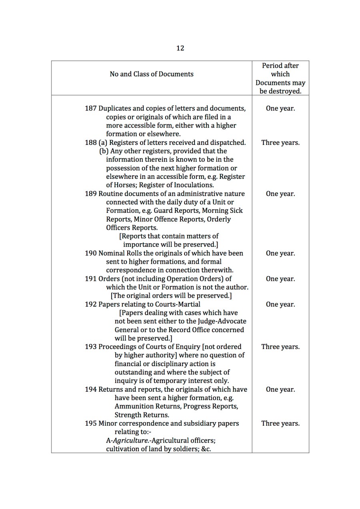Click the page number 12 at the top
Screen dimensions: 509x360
click(180, 48)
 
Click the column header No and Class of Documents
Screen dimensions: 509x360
click(152, 74)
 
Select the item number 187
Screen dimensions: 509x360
click(91, 108)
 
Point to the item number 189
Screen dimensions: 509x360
click(91, 194)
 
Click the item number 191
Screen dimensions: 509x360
click(91, 279)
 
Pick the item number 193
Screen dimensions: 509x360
click(91, 347)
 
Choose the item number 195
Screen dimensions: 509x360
click(91, 423)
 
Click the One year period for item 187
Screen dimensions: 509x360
click(280, 108)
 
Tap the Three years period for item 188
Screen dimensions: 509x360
click(280, 142)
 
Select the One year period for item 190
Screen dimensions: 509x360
click(280, 253)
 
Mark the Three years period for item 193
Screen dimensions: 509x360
click(280, 347)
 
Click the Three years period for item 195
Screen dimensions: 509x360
click(280, 423)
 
